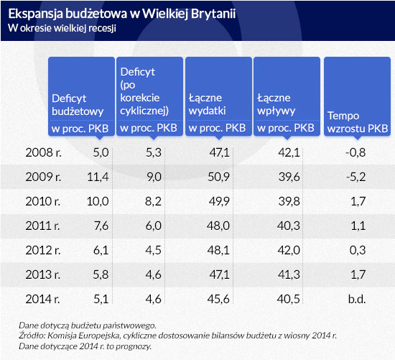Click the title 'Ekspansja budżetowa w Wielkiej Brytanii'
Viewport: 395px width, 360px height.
[x=122, y=14]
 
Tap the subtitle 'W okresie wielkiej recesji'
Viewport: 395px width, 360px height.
[x=62, y=28]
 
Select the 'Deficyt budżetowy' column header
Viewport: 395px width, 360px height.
[x=78, y=105]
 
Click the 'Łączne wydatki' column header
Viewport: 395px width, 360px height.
[x=207, y=104]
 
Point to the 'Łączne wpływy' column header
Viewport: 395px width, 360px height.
[x=276, y=105]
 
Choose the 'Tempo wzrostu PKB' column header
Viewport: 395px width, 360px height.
[x=358, y=122]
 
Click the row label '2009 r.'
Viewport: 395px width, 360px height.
[x=43, y=177]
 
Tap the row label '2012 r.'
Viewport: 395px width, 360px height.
[x=43, y=250]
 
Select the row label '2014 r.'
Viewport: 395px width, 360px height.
[x=43, y=299]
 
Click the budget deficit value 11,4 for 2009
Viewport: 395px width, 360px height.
[x=98, y=177]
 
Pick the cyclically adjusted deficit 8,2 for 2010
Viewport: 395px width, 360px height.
[x=153, y=201]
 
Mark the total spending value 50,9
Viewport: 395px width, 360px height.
[x=218, y=177]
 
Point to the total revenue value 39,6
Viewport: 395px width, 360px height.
[x=289, y=177]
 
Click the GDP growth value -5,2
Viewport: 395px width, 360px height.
[x=355, y=177]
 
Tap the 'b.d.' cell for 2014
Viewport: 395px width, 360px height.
[x=357, y=299]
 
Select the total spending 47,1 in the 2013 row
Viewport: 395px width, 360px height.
[x=220, y=274]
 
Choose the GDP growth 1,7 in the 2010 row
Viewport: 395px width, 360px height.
[x=358, y=201]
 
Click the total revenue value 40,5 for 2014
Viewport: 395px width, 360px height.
[x=289, y=299]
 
